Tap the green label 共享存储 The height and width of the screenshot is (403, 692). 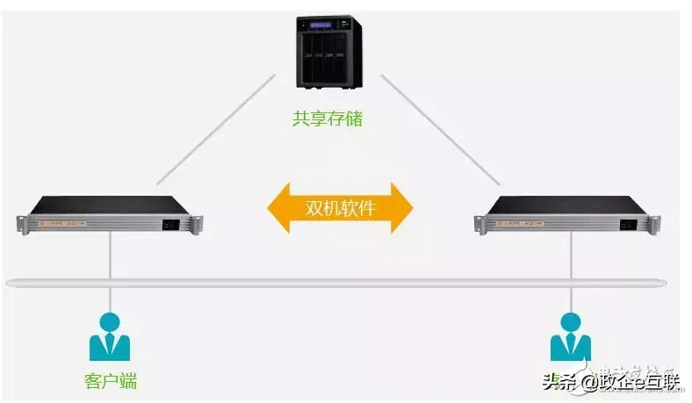(x=327, y=119)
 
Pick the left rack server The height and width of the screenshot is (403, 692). (x=111, y=213)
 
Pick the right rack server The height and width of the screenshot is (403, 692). (x=570, y=213)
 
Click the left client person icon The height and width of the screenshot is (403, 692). (x=109, y=336)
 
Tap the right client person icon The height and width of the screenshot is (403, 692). (x=570, y=336)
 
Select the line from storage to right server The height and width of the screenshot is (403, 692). (x=439, y=132)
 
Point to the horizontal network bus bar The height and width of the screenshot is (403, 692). (x=342, y=283)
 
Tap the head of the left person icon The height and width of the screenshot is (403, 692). (x=109, y=322)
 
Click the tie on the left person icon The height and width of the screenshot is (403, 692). (x=109, y=345)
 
